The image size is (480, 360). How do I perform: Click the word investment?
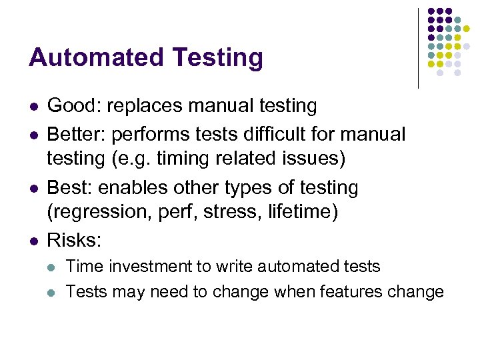coord(155,267)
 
